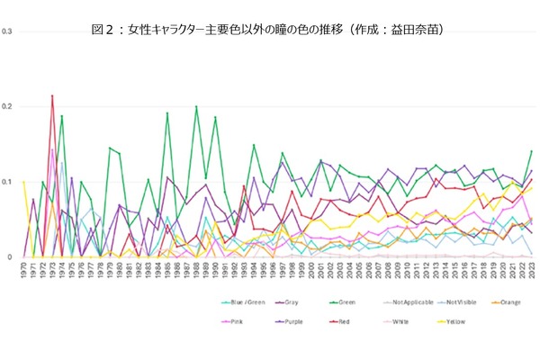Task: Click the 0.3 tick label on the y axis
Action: coord(7,31)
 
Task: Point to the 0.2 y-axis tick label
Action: coord(7,107)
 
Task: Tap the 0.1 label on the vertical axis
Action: coord(7,182)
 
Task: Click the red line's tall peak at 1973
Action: coord(52,95)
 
